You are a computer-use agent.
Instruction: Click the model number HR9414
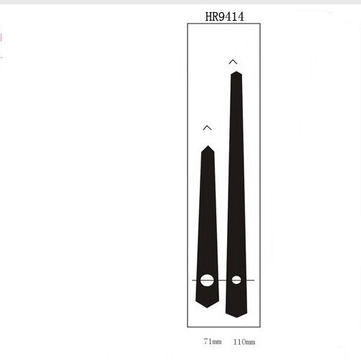point(224,16)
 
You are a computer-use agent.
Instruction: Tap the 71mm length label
point(213,341)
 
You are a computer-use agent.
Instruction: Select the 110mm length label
point(244,342)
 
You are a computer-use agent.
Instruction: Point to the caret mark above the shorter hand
point(207,127)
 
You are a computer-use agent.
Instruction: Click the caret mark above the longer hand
point(233,62)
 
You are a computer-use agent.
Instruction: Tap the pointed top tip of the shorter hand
point(208,145)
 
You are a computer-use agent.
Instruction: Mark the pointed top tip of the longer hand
point(236,72)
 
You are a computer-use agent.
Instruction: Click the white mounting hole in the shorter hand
point(207,280)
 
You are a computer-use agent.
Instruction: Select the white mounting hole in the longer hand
point(236,280)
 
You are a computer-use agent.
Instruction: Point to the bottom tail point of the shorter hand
point(207,308)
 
